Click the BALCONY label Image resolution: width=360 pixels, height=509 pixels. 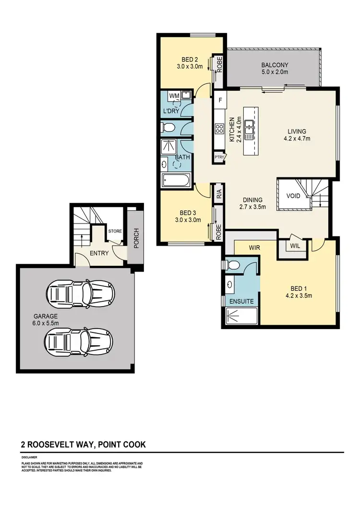(x=275, y=65)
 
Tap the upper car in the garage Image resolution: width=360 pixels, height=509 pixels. (x=80, y=292)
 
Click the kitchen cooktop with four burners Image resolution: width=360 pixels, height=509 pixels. (x=220, y=129)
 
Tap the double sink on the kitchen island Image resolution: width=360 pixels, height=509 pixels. (x=249, y=130)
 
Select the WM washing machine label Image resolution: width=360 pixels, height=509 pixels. (x=174, y=96)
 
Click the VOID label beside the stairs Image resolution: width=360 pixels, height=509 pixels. (x=293, y=196)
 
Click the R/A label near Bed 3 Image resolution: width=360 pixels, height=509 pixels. (x=219, y=194)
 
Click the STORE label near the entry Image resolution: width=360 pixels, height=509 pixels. (x=115, y=231)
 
